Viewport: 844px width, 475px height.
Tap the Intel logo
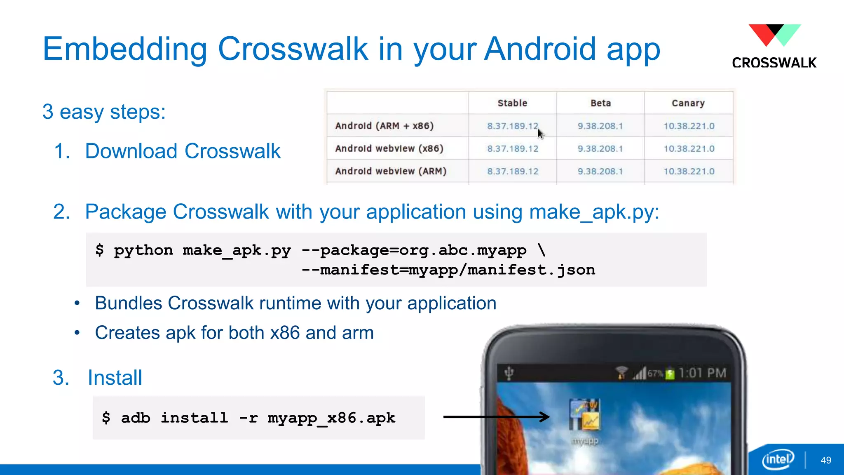(778, 459)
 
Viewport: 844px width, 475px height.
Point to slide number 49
(826, 460)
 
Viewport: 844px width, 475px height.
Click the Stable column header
(512, 103)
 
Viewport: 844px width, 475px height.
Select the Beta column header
(600, 103)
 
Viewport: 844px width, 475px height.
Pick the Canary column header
(688, 103)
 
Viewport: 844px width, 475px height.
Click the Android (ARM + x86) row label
(384, 126)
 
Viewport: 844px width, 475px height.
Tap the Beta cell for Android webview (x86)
(600, 148)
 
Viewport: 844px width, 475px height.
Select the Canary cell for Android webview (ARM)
(689, 171)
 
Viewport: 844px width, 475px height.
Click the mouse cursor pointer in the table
(541, 134)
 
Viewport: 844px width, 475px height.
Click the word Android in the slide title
(540, 49)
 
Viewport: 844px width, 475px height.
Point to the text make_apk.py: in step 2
(594, 212)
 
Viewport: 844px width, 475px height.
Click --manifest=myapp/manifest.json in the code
(448, 270)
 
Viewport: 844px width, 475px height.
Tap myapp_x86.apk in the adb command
(331, 418)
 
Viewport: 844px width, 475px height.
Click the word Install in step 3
(115, 378)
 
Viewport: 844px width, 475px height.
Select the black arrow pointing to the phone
(496, 417)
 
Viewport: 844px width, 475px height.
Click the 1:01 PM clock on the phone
(702, 373)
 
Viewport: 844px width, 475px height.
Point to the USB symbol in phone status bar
(509, 373)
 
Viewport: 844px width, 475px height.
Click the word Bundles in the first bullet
(129, 303)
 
